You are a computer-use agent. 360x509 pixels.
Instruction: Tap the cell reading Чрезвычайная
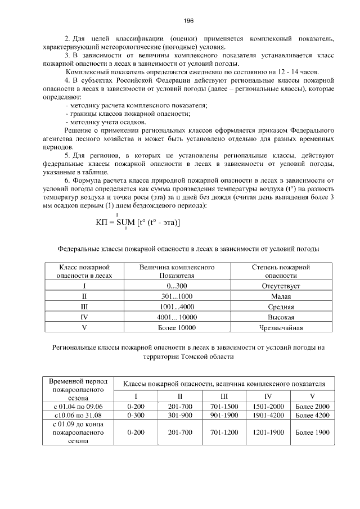tap(281, 328)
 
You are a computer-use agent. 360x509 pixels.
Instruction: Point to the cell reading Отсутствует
tap(281, 286)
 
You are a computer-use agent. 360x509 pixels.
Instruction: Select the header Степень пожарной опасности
tap(281, 271)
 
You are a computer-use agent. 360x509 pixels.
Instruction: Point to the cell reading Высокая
tap(281, 318)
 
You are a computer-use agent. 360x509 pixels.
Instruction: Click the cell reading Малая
tap(281, 296)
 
